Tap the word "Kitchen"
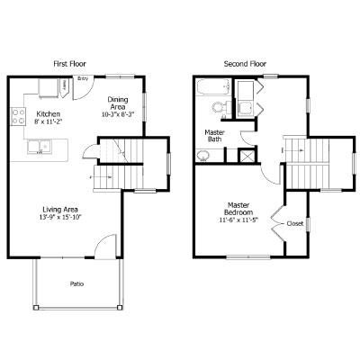click(48, 113)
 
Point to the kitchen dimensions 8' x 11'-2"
click(48, 121)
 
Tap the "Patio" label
click(77, 284)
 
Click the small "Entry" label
click(83, 79)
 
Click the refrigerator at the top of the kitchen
click(47, 87)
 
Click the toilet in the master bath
click(217, 108)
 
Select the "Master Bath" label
click(214, 135)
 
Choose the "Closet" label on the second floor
click(294, 223)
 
